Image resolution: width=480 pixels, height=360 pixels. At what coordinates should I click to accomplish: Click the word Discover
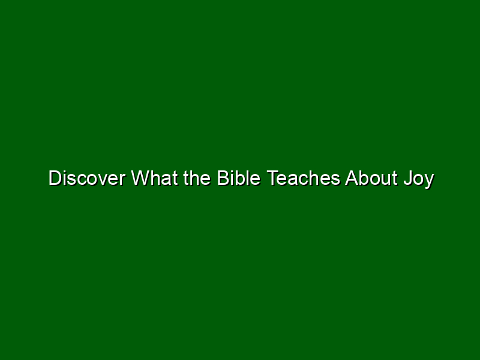click(87, 178)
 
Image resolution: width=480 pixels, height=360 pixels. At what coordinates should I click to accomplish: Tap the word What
click(155, 178)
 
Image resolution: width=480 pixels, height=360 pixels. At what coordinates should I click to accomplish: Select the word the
click(197, 178)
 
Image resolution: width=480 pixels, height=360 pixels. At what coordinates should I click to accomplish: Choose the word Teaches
click(304, 178)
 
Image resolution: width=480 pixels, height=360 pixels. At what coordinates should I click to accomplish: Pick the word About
click(371, 178)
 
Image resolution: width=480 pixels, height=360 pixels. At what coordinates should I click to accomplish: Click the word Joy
click(419, 179)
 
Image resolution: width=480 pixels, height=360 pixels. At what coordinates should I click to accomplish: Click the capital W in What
click(142, 178)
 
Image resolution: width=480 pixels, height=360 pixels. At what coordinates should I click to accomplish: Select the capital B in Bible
click(223, 178)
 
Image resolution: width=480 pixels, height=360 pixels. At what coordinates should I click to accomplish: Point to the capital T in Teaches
click(273, 178)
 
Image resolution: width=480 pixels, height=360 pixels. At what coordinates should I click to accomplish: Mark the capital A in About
click(352, 178)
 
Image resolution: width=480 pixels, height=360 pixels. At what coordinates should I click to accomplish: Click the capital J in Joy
click(409, 178)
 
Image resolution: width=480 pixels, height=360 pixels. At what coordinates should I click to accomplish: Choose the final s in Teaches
click(336, 180)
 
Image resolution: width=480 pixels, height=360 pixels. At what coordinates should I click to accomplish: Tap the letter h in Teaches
click(313, 178)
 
